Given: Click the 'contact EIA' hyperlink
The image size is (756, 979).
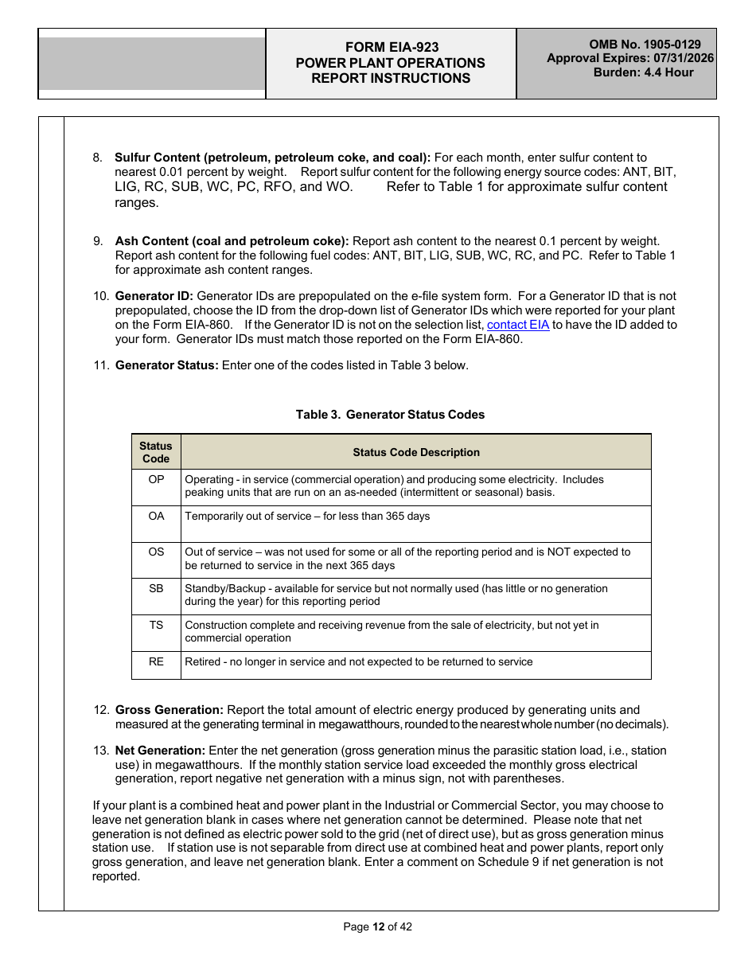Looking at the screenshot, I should click(517, 325).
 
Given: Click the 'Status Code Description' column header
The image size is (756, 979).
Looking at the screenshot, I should click(416, 452).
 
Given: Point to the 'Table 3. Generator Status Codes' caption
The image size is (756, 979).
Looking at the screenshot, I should click(390, 415).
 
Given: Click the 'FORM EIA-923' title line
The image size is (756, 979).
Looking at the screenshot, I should click(391, 48).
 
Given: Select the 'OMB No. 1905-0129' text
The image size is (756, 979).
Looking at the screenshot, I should click(645, 45).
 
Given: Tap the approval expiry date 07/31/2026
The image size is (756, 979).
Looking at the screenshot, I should click(683, 58).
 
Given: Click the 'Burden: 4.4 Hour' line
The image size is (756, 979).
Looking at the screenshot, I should click(643, 72).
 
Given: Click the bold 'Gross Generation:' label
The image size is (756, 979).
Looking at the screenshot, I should click(169, 710).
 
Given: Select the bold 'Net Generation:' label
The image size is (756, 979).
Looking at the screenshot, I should click(160, 751).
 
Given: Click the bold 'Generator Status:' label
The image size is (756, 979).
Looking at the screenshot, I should click(166, 366).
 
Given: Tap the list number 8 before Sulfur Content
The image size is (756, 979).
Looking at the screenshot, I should click(97, 158).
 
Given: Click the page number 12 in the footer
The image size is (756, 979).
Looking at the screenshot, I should click(378, 926).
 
